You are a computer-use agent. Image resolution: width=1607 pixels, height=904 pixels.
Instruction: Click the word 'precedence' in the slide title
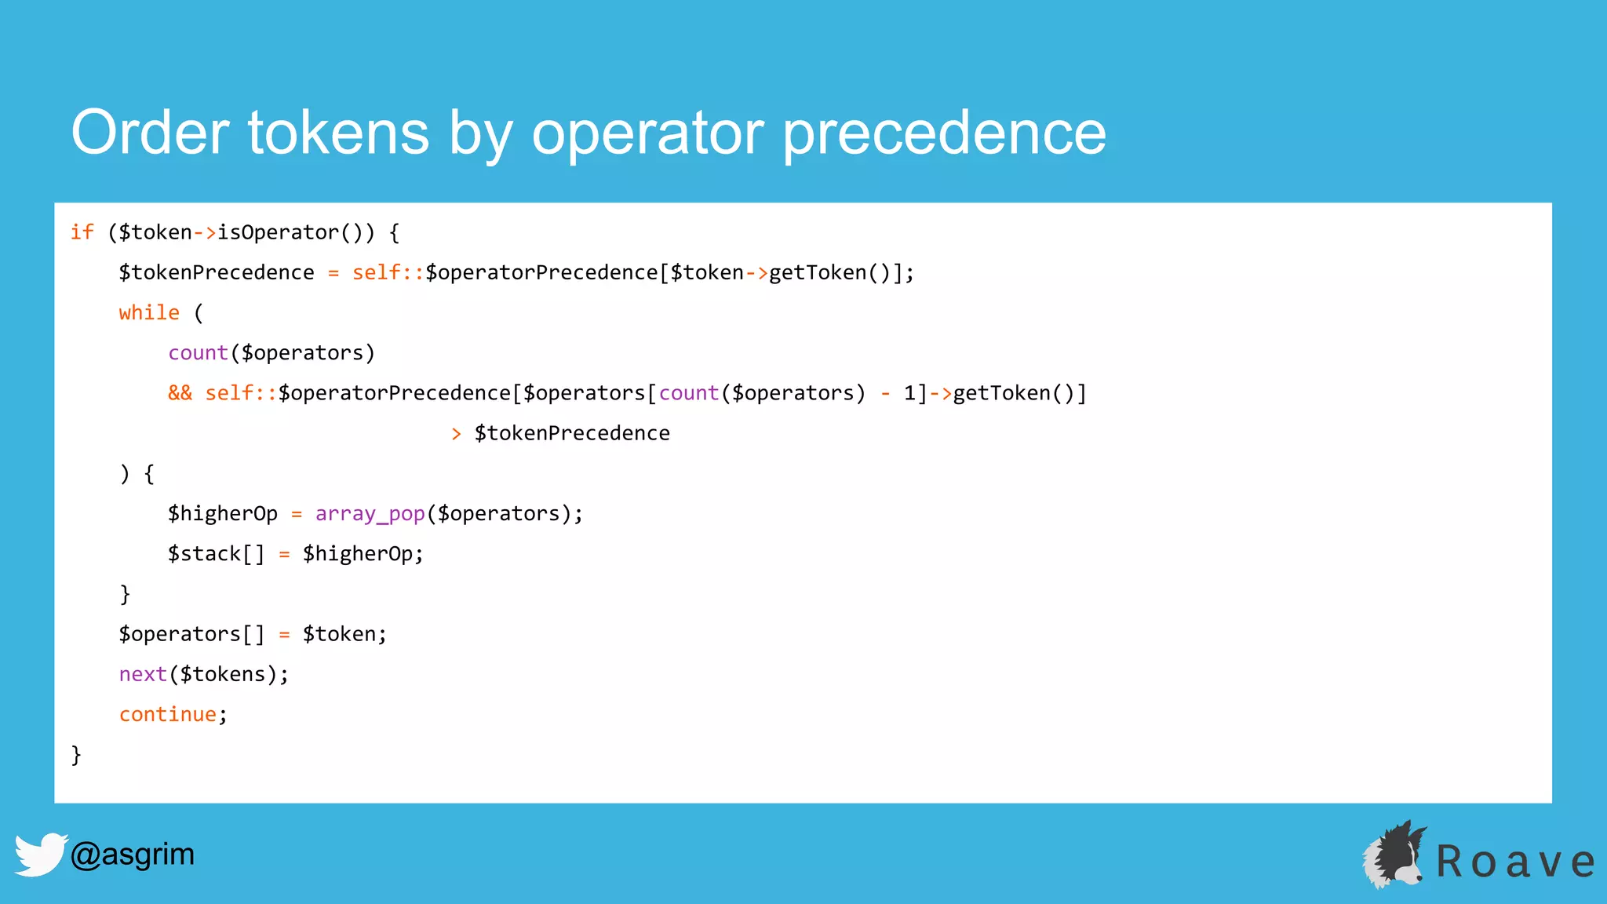pos(945,133)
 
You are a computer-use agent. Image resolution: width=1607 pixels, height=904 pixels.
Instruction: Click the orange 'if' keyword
pos(82,232)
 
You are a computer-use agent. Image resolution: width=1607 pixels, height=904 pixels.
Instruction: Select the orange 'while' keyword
pos(149,312)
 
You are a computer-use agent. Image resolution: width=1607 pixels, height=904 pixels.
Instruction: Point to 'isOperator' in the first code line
pos(278,232)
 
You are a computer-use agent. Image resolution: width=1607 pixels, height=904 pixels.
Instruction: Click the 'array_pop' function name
pos(370,514)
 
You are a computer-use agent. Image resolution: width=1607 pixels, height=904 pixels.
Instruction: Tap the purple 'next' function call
pos(143,674)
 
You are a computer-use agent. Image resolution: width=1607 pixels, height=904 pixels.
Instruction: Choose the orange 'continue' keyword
pos(167,714)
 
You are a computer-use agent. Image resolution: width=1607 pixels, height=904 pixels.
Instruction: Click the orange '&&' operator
pos(180,393)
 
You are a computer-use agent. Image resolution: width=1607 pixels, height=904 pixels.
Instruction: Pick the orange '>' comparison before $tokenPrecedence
pos(457,433)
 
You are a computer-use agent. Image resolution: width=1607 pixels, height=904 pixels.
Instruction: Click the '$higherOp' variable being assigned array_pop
pos(223,514)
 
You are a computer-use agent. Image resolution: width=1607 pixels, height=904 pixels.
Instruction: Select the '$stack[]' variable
pos(216,554)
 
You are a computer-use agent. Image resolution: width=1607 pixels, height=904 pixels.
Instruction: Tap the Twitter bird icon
pos(39,854)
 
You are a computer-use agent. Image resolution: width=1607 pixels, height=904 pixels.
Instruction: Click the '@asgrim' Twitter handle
pos(133,854)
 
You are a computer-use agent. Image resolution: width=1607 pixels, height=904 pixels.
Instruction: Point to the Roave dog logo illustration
pos(1394,855)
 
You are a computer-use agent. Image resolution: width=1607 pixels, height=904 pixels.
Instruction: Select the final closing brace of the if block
pos(76,754)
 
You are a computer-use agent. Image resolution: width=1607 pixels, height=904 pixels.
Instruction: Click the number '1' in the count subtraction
pos(909,393)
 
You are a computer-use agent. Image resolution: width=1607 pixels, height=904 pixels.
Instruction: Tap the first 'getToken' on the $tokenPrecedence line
pos(818,272)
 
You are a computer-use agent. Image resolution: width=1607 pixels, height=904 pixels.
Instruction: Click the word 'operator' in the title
pos(647,133)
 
